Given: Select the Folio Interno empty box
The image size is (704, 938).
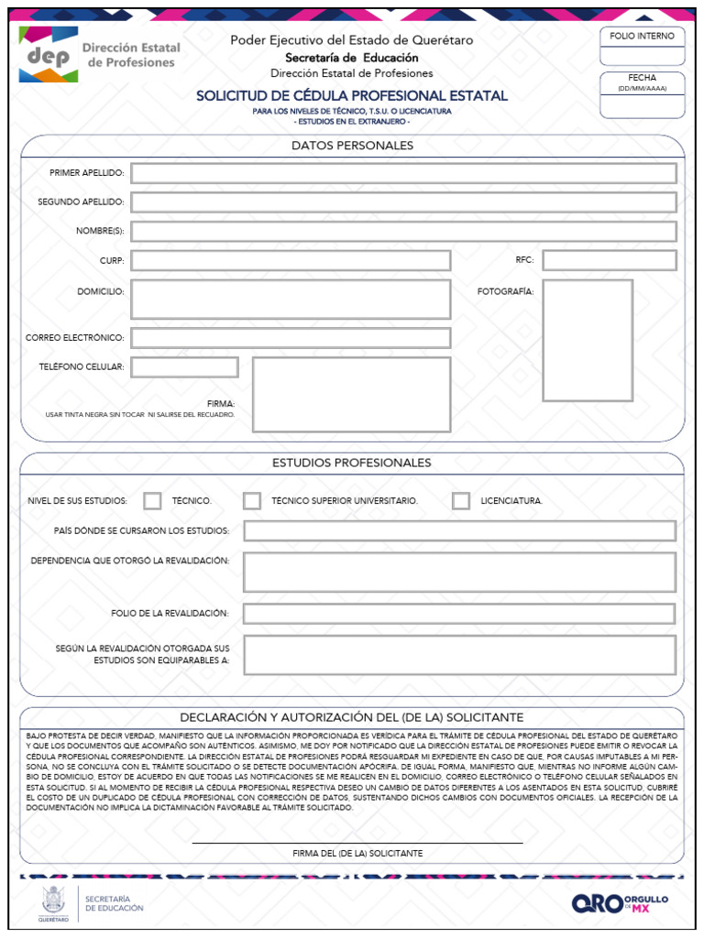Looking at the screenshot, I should pos(642,56).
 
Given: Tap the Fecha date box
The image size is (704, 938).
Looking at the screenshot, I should pos(642,106).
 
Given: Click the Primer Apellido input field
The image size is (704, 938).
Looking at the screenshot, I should pos(403,173).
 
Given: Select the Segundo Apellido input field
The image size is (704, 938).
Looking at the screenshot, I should pos(403,202).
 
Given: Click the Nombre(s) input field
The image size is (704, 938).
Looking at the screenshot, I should pos(403,231).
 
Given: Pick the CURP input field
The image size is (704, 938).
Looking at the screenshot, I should pos(291,260).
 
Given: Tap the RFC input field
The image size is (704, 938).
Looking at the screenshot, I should pos(610,260).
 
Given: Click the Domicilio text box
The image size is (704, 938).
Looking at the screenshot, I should pos(291,300).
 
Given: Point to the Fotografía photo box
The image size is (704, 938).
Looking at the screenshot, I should pos(588,341).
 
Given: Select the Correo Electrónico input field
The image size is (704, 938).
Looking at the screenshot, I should pos(291,338).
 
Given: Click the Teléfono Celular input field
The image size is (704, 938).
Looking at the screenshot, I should pos(184,367).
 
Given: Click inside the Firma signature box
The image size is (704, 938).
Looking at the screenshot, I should pos(351,395).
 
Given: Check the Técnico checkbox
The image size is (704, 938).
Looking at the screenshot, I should pos(153,501).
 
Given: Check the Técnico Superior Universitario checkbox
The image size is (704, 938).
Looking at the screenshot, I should pos(252,501).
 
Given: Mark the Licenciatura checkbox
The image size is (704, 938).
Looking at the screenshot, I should pos(461,501).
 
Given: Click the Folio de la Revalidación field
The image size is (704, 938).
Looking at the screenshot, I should pos(459,613).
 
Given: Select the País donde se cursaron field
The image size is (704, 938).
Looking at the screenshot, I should pos(459,530).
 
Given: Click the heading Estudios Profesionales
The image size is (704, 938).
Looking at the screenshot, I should pos(352,463).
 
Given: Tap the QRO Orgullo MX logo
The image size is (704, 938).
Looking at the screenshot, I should pos(621,903).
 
